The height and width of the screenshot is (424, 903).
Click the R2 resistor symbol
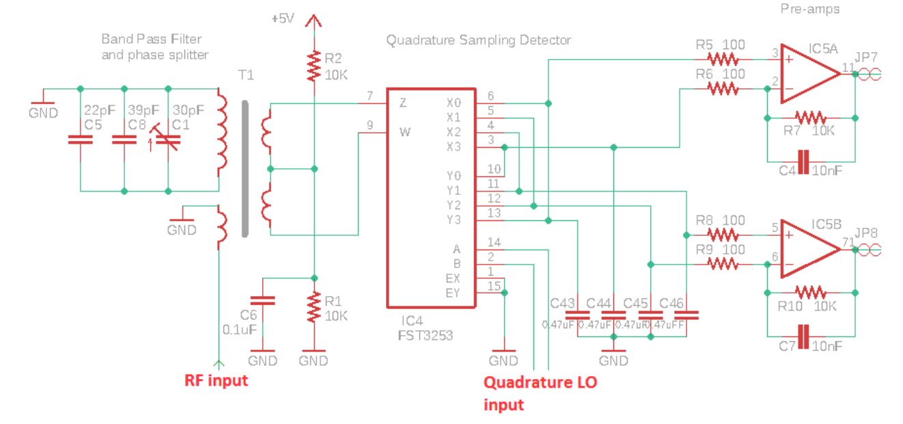pyautogui.click(x=314, y=66)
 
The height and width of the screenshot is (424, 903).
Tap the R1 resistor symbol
pyautogui.click(x=314, y=308)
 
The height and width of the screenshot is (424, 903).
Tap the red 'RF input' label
pyautogui.click(x=216, y=380)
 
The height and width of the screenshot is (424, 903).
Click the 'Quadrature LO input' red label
pyautogui.click(x=540, y=393)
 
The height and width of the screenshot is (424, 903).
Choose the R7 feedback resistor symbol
pyautogui.click(x=810, y=118)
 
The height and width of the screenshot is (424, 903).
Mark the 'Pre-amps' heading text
pyautogui.click(x=809, y=10)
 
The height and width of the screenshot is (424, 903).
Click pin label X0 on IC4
pyautogui.click(x=454, y=103)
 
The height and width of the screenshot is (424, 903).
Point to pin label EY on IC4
pyautogui.click(x=453, y=293)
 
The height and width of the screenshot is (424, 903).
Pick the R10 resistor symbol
pyautogui.click(x=810, y=293)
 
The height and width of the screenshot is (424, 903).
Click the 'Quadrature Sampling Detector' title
pyautogui.click(x=478, y=40)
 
